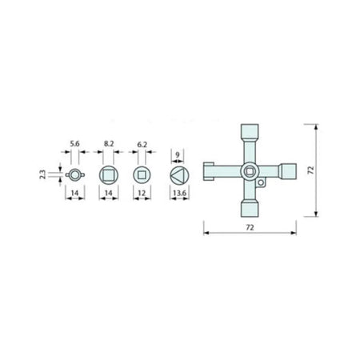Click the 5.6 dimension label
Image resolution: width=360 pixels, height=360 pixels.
(x=74, y=144)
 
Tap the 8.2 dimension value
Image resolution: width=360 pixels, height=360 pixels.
(x=109, y=144)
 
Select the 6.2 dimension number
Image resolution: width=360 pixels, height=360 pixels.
(x=142, y=145)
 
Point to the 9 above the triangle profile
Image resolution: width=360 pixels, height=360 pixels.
(x=178, y=154)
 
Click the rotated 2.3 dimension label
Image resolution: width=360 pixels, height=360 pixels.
(x=43, y=174)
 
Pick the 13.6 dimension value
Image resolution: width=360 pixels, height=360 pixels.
(x=179, y=193)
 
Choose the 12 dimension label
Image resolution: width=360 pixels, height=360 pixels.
(x=142, y=193)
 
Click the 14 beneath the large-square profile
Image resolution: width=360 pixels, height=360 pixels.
(x=109, y=193)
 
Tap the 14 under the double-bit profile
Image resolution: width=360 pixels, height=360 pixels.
(x=75, y=193)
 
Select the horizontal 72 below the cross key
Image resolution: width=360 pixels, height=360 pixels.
(x=250, y=227)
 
